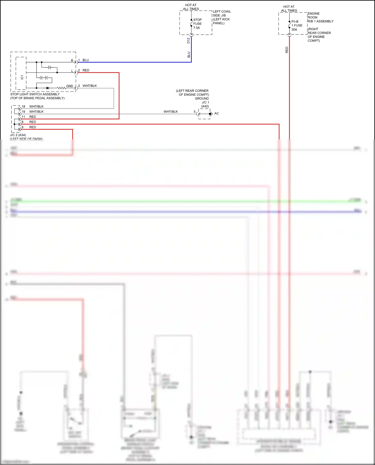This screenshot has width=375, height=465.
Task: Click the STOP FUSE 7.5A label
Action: [197, 24]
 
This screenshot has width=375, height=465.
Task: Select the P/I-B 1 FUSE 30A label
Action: [297, 25]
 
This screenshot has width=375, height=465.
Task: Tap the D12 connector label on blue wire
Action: [188, 40]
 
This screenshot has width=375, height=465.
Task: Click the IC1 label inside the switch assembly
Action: [22, 77]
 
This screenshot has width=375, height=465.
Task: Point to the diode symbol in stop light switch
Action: [48, 88]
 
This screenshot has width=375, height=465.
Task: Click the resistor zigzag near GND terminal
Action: [61, 88]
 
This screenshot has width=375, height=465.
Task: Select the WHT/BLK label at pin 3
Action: [89, 86]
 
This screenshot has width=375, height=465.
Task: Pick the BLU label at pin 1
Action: [85, 60]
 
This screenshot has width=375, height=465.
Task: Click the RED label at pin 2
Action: [86, 70]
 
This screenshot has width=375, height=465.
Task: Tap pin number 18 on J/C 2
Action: [23, 106]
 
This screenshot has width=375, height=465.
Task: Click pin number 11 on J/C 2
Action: [23, 117]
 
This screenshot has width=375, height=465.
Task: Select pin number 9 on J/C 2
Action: [22, 127]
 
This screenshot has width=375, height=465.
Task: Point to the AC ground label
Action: [216, 113]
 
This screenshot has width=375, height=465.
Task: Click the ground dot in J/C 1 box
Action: [210, 114]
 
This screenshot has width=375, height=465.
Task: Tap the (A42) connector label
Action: [205, 106]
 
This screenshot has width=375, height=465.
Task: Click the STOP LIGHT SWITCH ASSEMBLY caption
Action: [35, 94]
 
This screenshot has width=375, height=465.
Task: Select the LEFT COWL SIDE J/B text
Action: [221, 13]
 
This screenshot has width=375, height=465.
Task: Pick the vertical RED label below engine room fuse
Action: [287, 50]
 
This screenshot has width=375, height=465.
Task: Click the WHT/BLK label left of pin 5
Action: [170, 112]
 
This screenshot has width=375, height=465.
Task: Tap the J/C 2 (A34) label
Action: [18, 135]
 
